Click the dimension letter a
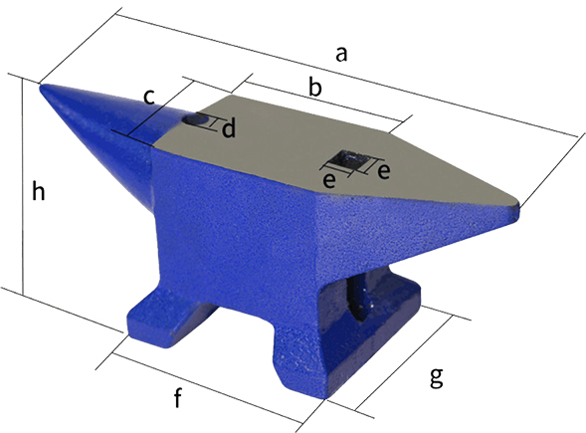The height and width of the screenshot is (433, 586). pos(341,56)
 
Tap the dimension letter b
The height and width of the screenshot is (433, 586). pos(314,89)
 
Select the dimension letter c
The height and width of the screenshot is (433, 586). pos(149,97)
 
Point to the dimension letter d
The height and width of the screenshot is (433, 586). pos(228,129)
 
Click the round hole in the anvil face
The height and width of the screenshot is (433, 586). pos(198,119)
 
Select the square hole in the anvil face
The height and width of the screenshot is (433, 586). pos(349,159)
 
